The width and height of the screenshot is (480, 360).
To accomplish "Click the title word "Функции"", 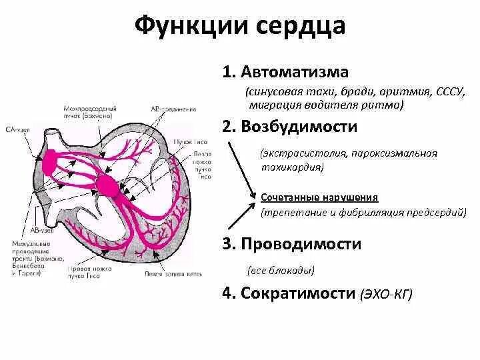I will [179, 26].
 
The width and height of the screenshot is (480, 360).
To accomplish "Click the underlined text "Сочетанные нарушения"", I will [319, 198].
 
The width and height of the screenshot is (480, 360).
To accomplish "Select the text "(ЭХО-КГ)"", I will [386, 293].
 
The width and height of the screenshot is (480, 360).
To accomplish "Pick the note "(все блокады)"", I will [280, 271].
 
